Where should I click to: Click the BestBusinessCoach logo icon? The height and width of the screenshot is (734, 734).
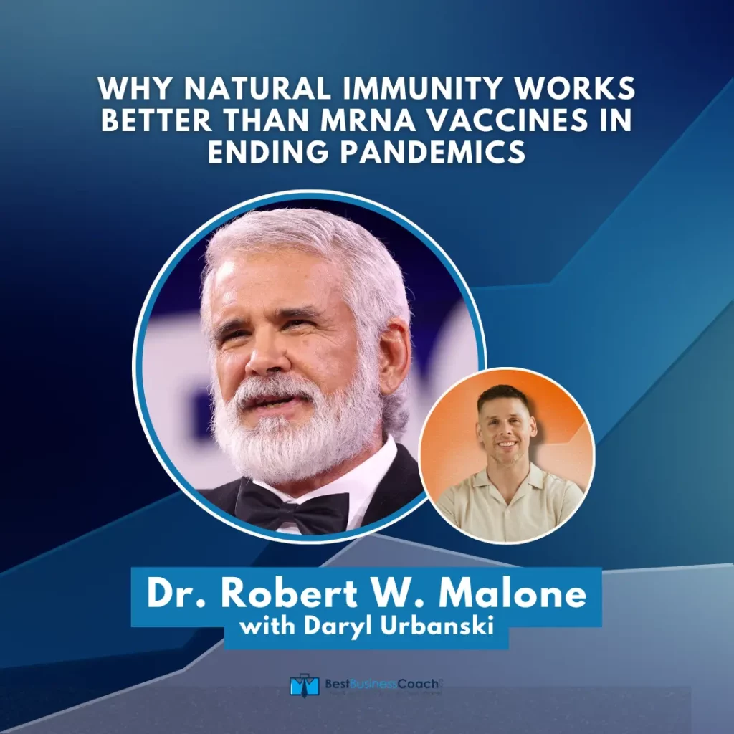coord(304,685)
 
